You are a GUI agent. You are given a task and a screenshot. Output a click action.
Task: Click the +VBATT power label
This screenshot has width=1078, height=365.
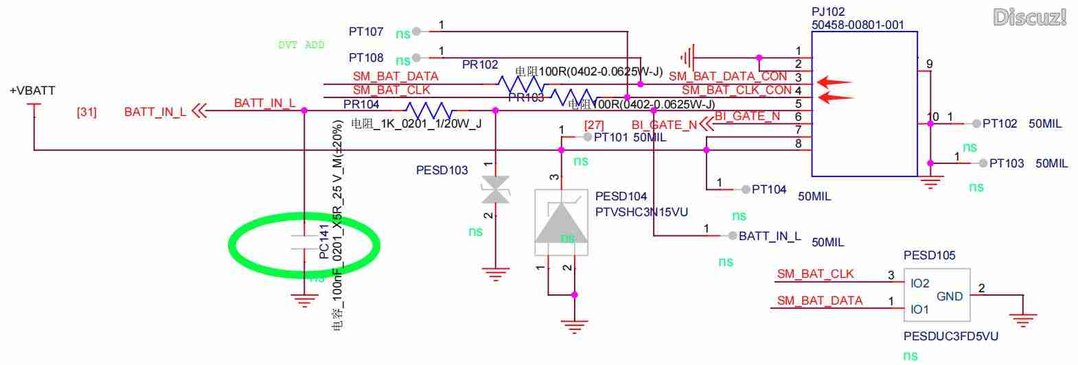pos(32,91)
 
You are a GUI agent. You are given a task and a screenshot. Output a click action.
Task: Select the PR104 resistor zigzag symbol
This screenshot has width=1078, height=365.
pos(428,110)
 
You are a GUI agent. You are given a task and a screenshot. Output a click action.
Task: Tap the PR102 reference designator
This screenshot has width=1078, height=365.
pos(480,64)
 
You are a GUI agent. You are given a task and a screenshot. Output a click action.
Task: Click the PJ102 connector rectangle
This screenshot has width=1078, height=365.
pos(864,103)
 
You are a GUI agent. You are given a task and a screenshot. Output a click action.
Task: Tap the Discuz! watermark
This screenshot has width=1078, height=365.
pos(1029,17)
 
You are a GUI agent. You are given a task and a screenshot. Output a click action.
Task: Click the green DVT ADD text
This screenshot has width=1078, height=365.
pos(301,45)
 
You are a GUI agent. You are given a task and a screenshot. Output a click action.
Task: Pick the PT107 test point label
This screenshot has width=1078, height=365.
pos(366,32)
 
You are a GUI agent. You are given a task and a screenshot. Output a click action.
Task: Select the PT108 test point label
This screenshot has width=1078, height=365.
pos(366,58)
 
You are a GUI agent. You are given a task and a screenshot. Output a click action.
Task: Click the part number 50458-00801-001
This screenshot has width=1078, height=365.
pos(858,25)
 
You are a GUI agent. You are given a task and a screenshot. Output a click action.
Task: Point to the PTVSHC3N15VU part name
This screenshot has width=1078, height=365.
pos(641,212)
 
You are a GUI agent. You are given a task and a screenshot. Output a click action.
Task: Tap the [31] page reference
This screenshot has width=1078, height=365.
pos(87,112)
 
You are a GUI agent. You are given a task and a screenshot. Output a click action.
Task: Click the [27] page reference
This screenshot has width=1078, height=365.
pos(594,125)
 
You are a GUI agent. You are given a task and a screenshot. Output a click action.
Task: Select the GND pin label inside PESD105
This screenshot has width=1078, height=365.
pos(950,296)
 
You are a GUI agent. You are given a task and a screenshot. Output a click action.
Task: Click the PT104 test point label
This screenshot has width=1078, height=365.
pos(769,189)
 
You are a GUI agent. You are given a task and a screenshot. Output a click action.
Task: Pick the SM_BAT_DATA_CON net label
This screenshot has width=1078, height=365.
pos(728,77)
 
